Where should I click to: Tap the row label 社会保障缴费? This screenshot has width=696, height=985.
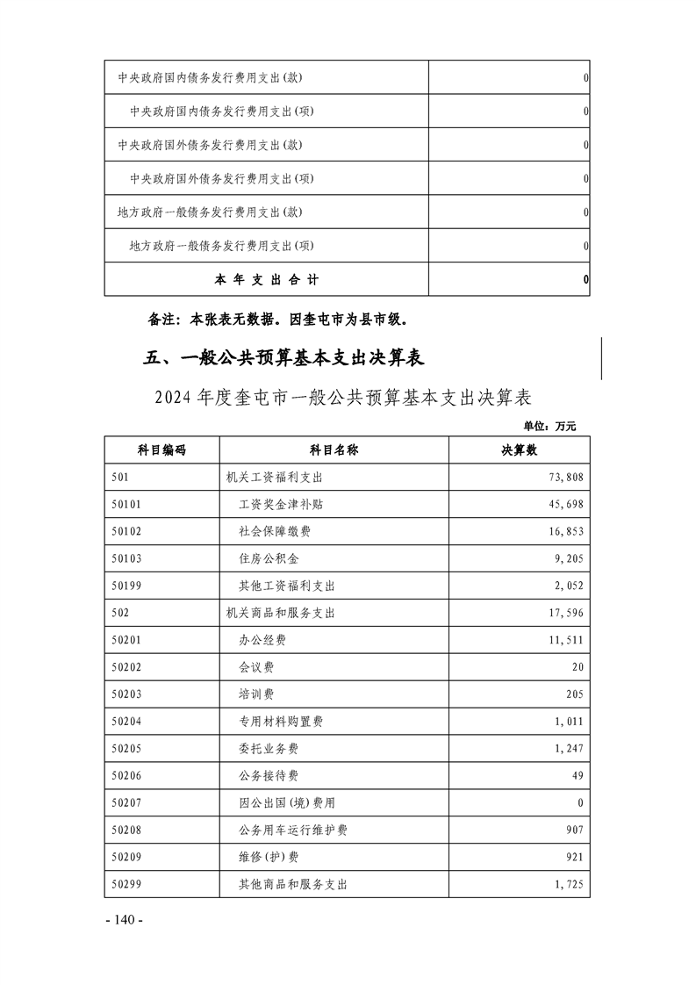(275, 532)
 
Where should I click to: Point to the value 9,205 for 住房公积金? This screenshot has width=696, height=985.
(568, 559)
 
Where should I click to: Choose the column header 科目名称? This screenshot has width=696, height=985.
(334, 450)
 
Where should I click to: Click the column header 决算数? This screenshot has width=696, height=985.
(519, 450)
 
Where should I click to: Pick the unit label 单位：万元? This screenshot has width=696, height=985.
(549, 427)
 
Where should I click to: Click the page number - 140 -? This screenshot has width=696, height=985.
(123, 920)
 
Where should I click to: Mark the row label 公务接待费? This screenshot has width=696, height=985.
(269, 776)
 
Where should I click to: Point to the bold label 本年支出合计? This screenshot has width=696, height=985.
(267, 280)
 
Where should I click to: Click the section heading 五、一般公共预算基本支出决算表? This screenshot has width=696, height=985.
(283, 358)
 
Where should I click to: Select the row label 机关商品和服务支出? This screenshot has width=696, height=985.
(281, 614)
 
